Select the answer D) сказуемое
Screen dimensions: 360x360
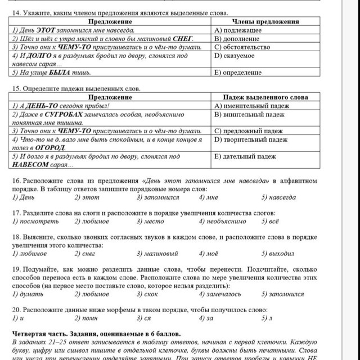pos(235,56)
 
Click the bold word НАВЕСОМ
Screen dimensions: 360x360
pos(31,164)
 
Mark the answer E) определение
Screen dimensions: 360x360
pos(238,73)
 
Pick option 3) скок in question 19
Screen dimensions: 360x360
pos(146,294)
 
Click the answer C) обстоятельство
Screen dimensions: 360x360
pos(242,48)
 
